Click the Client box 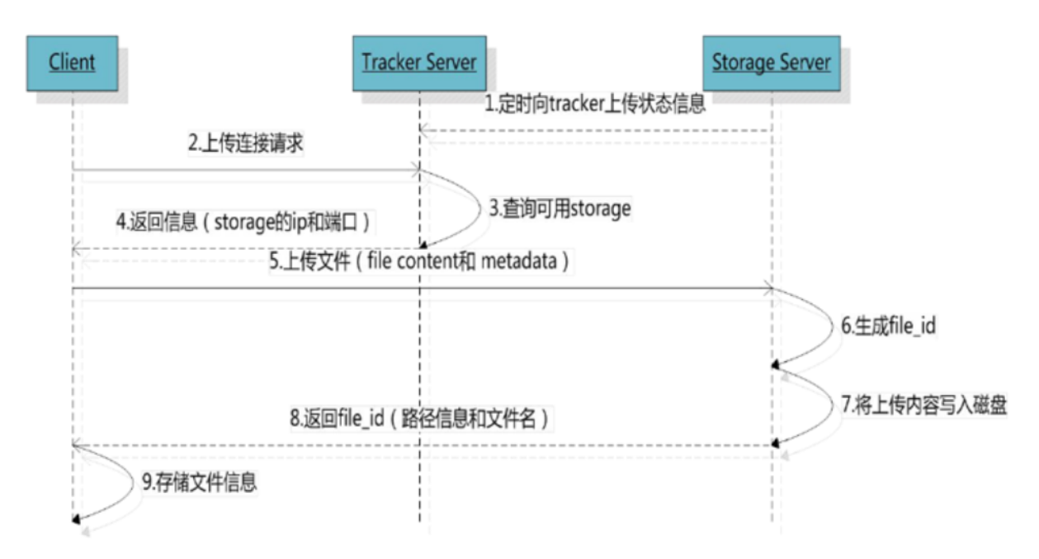72,62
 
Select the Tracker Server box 419,62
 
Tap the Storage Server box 771,62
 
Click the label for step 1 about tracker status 594,106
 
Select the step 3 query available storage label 560,209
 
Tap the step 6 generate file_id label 888,325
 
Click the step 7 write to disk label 923,406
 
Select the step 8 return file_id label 419,419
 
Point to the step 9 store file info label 198,481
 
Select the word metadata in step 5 527,262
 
